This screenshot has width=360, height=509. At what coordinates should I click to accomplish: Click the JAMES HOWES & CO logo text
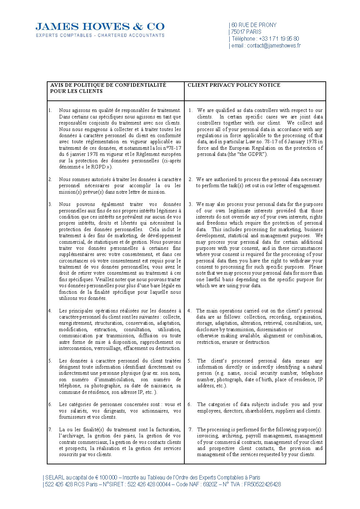coord(100,27)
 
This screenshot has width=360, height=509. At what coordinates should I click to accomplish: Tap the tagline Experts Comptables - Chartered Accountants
coord(100,35)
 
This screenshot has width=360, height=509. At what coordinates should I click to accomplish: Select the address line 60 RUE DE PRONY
coord(254,25)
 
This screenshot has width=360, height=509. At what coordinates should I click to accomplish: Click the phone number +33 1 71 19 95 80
coord(279,39)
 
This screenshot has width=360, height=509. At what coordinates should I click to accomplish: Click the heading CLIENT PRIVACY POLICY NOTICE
coord(234,85)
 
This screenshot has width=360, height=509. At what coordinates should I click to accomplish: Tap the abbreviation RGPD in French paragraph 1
coord(98,167)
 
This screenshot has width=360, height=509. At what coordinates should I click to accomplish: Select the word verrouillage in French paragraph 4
coord(107,348)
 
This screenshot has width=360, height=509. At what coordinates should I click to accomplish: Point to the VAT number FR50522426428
coord(262,484)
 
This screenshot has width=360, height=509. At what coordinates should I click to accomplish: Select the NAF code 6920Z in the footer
coord(210,484)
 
